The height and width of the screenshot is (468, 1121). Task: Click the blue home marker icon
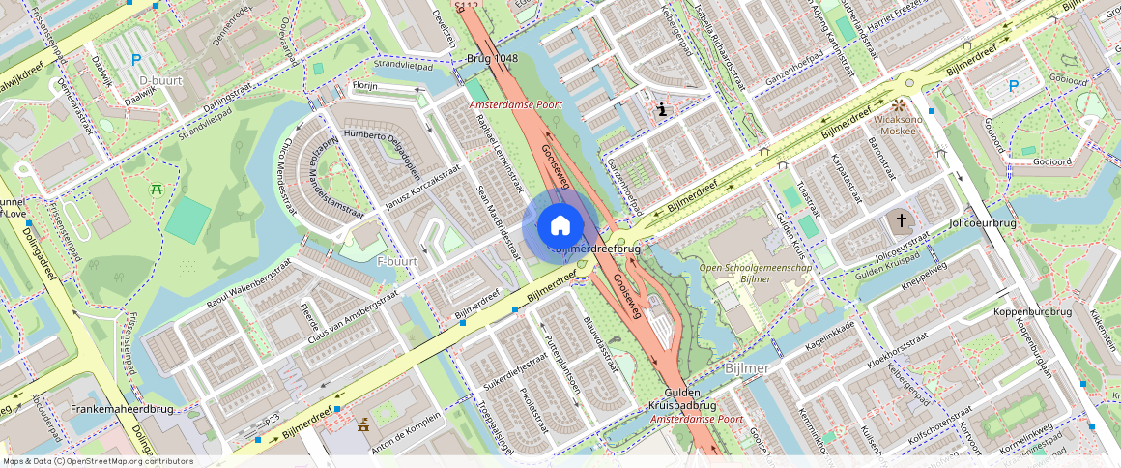[x=560, y=226]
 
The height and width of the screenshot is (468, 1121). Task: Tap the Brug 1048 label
[x=492, y=58]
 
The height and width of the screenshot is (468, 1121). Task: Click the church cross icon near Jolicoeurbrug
[x=902, y=220]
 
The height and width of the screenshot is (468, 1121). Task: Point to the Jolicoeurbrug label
[x=983, y=223]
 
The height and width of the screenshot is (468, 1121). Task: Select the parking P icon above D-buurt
[x=136, y=60]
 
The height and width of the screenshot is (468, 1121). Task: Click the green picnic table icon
[x=156, y=189]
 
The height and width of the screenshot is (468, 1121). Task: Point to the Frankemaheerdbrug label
[x=122, y=409]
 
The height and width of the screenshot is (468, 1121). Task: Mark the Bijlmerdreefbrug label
[x=598, y=249]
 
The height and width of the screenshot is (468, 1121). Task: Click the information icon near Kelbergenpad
[x=660, y=110]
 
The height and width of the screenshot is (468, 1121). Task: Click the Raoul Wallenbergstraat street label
[x=247, y=284]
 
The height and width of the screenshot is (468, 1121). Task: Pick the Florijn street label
[x=363, y=86]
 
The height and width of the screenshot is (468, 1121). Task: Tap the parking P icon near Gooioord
[x=1014, y=86]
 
